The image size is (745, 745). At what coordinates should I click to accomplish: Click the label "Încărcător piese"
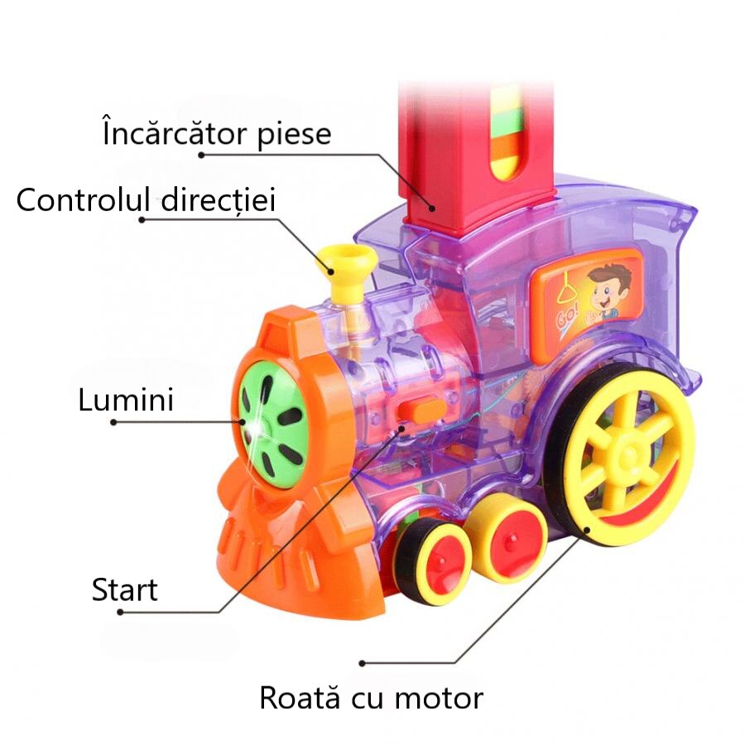coord(216,133)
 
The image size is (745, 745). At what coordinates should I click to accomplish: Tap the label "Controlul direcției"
coord(146,199)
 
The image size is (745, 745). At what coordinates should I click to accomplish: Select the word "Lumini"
coord(126,400)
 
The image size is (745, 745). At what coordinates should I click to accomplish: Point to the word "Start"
coord(124,590)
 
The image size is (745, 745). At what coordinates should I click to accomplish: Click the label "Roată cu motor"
coord(371,697)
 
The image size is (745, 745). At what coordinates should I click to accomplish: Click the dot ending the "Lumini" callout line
coord(113,421)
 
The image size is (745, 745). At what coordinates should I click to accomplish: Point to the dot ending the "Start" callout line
coord(121,612)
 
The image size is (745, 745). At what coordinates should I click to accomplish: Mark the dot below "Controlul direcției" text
coord(142,219)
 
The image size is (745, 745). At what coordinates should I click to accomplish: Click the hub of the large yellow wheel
coord(629,453)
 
